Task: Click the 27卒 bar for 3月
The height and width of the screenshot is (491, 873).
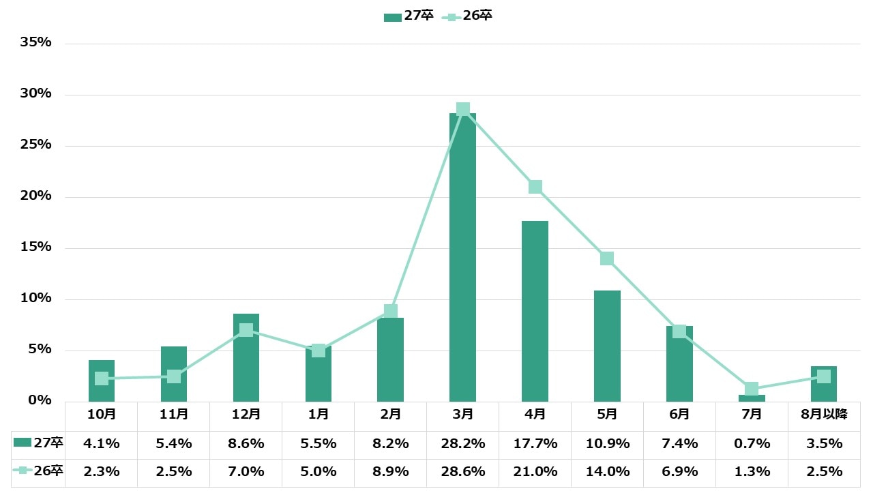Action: pos(462,259)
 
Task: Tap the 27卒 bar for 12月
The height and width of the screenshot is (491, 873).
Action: pos(246,358)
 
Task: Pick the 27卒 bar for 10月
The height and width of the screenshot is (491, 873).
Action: pos(102,381)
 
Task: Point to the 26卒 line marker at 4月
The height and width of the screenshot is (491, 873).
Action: pos(535,187)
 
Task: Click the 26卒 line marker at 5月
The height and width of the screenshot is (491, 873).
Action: pos(607,258)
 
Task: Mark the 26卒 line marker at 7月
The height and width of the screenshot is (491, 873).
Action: pos(752,389)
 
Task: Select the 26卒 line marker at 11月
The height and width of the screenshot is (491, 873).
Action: pos(174,376)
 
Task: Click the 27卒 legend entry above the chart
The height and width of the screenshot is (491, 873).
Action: pos(409,16)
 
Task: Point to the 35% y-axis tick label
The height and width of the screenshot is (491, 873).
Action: pos(36,42)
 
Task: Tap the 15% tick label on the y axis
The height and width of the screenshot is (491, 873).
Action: pos(36,247)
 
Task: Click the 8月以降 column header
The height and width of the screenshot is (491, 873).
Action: pos(823,415)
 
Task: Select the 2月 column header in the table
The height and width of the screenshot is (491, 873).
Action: pos(390,415)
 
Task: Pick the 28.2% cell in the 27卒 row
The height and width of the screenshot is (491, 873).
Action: pos(462,444)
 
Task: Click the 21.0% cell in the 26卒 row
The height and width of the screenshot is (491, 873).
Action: pos(535,472)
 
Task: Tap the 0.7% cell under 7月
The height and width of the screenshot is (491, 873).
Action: pos(752,444)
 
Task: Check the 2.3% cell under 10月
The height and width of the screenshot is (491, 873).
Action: pos(102,472)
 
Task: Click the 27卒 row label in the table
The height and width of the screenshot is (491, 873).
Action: pos(39,443)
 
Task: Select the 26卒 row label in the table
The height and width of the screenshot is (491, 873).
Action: pos(39,471)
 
